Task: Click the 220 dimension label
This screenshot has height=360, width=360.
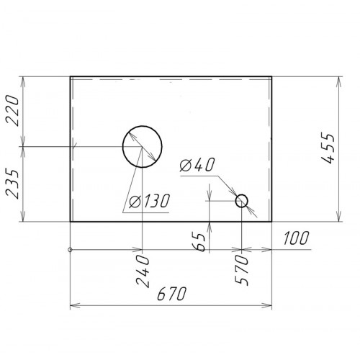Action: pyautogui.click(x=12, y=110)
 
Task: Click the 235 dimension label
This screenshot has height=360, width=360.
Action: pyautogui.click(x=12, y=184)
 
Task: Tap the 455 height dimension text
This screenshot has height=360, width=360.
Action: pyautogui.click(x=328, y=148)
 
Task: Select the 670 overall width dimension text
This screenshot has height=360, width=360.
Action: pyautogui.click(x=172, y=293)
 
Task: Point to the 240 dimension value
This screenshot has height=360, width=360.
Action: pyautogui.click(x=143, y=271)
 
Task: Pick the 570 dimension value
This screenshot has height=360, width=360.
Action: pyautogui.click(x=241, y=269)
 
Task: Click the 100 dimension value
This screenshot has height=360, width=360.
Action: pyautogui.click(x=296, y=238)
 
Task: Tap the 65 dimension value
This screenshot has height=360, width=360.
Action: pyautogui.click(x=199, y=241)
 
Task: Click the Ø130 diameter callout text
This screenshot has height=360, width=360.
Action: pyautogui.click(x=149, y=201)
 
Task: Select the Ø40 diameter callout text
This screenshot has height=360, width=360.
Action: pyautogui.click(x=197, y=165)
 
